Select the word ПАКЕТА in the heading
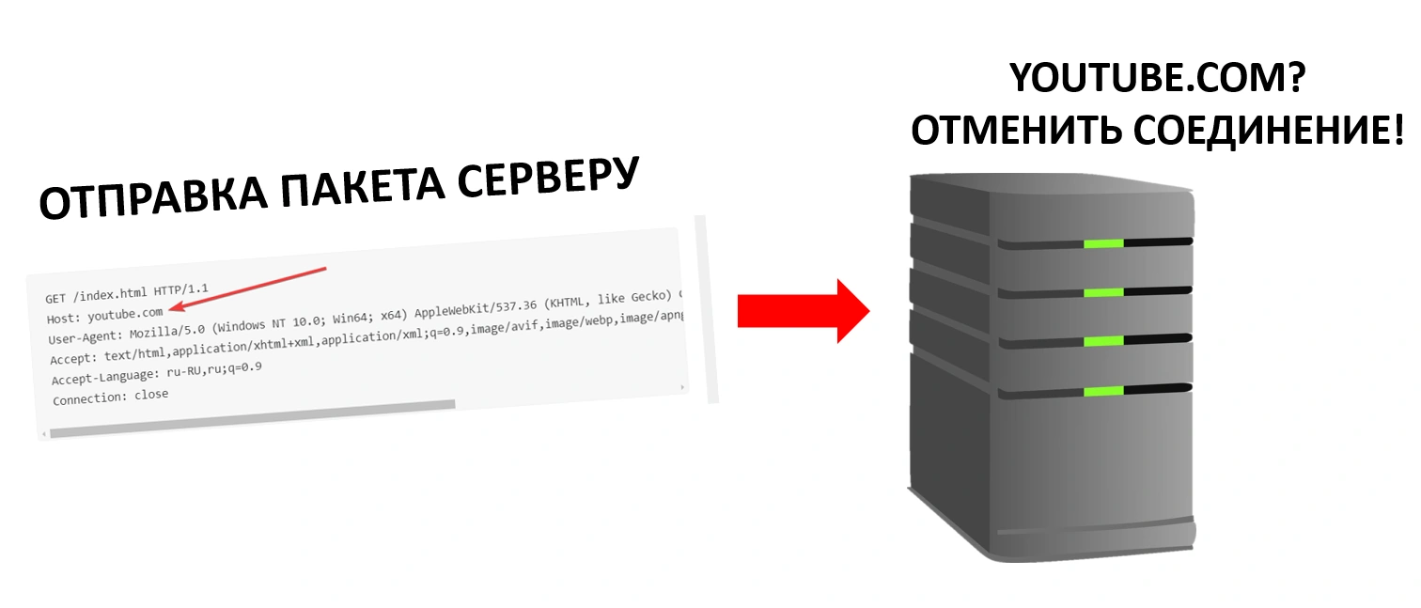pos(362,185)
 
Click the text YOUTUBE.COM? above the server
pos(1157,77)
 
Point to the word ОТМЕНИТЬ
pos(1016,131)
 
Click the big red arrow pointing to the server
pos(804,311)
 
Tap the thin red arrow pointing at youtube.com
pos(248,288)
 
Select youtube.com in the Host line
pos(125,314)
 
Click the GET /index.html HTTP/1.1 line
pos(127,293)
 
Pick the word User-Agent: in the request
pos(85,336)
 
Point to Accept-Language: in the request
pos(105,377)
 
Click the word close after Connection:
pos(151,395)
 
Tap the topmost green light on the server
pos(1103,243)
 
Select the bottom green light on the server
pos(1103,391)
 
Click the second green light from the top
pos(1103,292)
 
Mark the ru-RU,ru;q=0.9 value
pos(213,369)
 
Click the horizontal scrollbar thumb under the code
pos(253,418)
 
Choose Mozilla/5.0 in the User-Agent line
pos(167,332)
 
